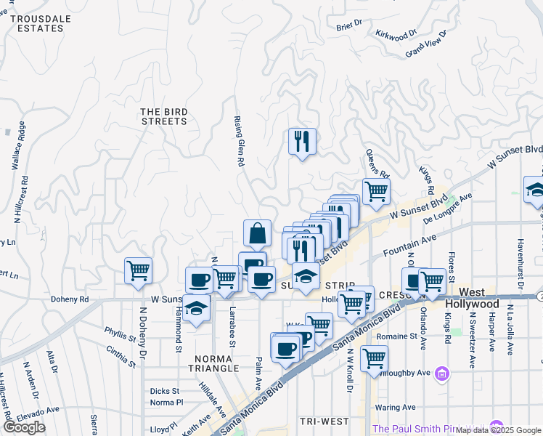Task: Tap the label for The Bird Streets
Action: [164, 116]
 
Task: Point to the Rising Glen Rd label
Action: [237, 142]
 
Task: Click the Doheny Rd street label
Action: [69, 299]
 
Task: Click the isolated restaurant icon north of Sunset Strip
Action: [302, 140]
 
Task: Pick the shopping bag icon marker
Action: [257, 234]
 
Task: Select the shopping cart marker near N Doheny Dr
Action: [138, 270]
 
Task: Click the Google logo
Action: [25, 427]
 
